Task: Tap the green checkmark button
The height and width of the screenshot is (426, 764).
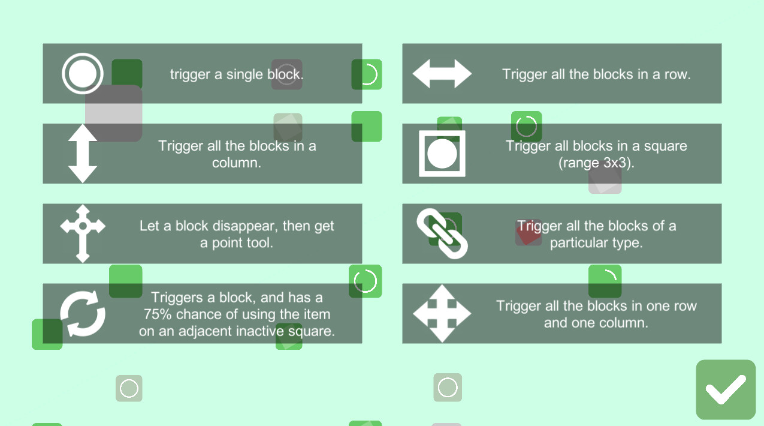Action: click(726, 389)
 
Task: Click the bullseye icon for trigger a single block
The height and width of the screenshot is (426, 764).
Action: click(83, 73)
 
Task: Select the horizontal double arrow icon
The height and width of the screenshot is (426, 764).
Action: click(442, 73)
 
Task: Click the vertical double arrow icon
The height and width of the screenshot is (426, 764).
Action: click(83, 154)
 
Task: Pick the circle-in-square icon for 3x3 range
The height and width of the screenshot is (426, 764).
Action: click(442, 154)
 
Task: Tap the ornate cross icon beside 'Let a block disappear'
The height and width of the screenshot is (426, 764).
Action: click(83, 233)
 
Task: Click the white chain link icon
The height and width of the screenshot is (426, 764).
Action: click(442, 233)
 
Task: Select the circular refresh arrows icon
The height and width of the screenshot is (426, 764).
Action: click(83, 314)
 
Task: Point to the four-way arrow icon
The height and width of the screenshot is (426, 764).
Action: click(442, 314)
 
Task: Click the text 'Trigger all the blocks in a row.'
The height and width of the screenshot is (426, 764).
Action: click(596, 74)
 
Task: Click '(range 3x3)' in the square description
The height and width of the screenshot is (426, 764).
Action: click(596, 163)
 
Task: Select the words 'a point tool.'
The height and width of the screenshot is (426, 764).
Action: click(236, 243)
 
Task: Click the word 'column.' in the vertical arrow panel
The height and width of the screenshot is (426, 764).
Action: click(236, 163)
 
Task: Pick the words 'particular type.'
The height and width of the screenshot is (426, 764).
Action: click(596, 243)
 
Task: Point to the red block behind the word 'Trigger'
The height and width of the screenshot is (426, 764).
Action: click(529, 232)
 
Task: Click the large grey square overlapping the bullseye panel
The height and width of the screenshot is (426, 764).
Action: click(114, 113)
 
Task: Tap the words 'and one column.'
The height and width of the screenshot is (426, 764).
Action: click(596, 323)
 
